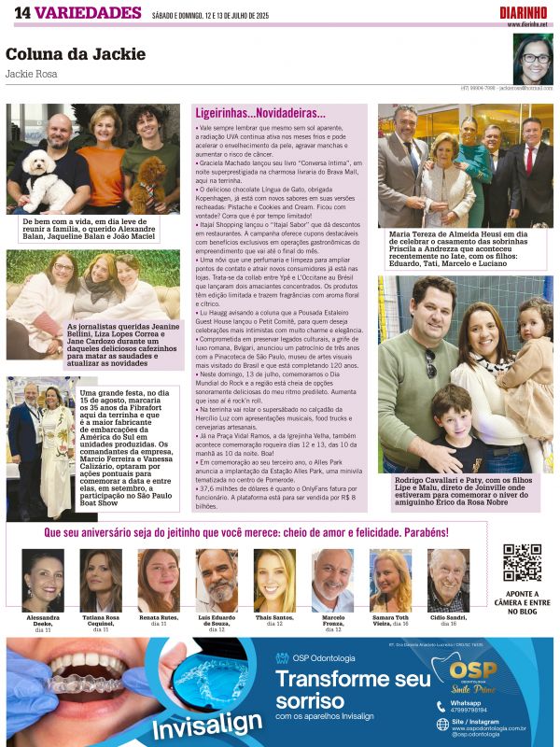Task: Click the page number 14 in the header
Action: pyautogui.click(x=21, y=12)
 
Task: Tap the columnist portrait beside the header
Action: pyautogui.click(x=532, y=59)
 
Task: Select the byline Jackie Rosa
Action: pyautogui.click(x=30, y=73)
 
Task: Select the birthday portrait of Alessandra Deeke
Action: pyautogui.click(x=43, y=580)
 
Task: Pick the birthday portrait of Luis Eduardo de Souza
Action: pyautogui.click(x=217, y=580)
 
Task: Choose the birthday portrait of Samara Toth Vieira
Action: pyautogui.click(x=390, y=580)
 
